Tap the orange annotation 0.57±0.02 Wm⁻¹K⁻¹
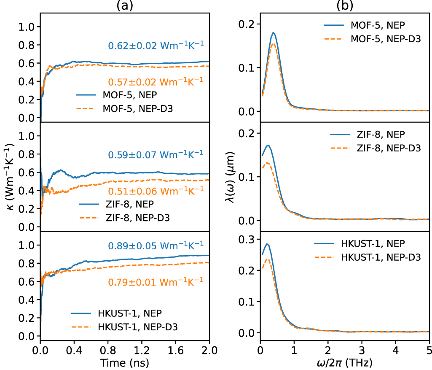click(156, 80)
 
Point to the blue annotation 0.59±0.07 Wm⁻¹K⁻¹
click(156, 154)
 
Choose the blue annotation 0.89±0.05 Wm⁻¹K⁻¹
click(156, 245)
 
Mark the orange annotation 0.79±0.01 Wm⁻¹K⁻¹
click(156, 281)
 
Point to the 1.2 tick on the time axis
click(142, 350)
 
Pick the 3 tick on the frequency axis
click(361, 350)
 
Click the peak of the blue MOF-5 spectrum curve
click(274, 32)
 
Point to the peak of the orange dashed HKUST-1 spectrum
click(267, 258)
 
